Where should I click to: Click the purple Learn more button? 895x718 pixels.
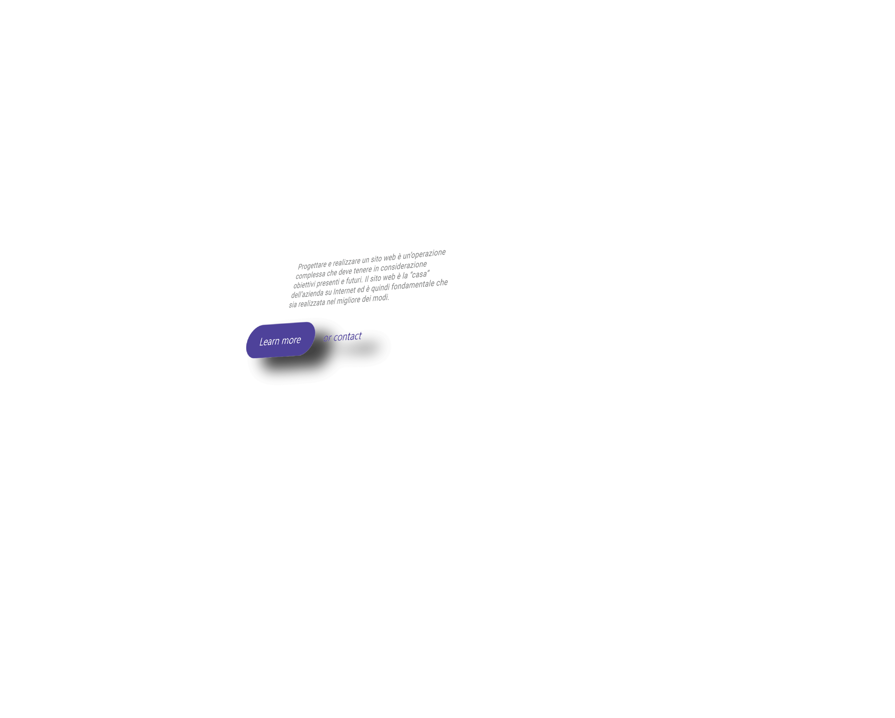(x=281, y=340)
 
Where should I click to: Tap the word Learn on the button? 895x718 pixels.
(x=269, y=342)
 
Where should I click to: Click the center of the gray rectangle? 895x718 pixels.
(x=368, y=278)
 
